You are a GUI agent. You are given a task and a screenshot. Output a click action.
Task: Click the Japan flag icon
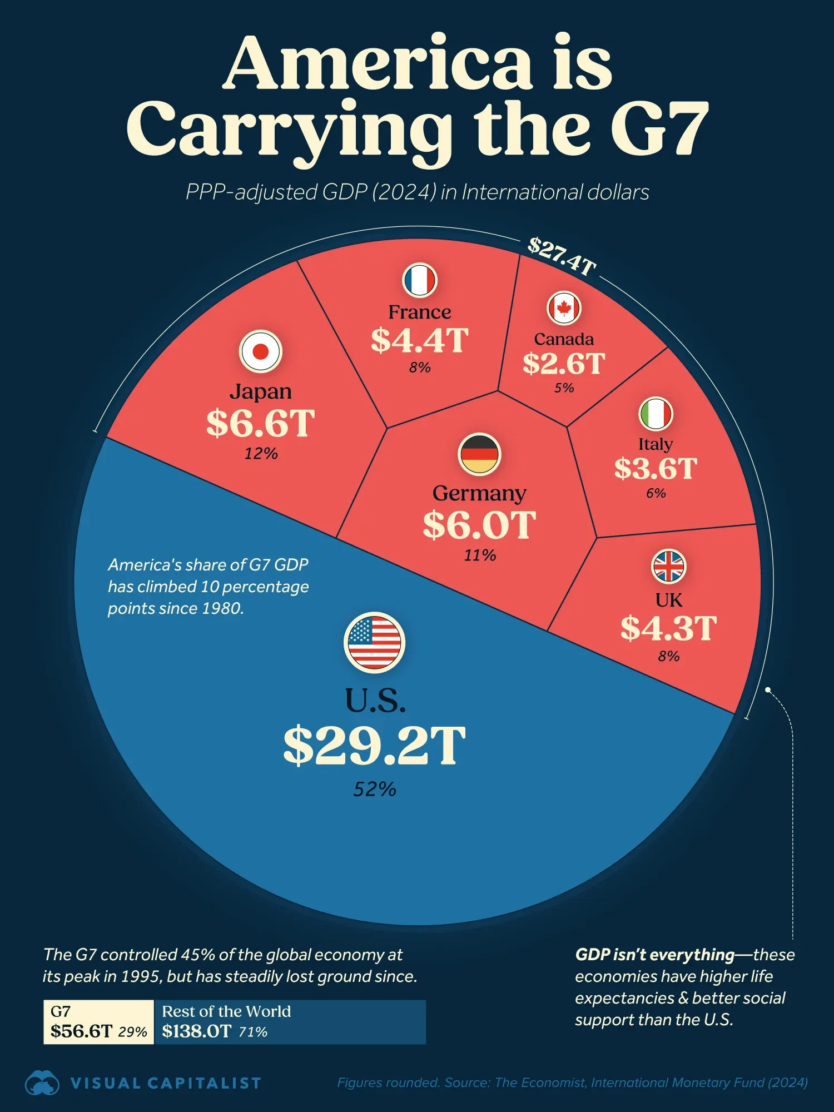[x=261, y=351]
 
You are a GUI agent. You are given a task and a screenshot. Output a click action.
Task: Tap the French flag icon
[x=420, y=280]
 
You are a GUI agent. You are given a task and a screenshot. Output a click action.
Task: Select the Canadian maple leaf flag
[x=564, y=308]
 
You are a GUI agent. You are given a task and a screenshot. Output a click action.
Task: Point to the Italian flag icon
[x=656, y=414]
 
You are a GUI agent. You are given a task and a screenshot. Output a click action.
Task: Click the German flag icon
[x=479, y=454]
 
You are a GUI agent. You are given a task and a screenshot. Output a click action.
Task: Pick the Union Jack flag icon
[x=668, y=567]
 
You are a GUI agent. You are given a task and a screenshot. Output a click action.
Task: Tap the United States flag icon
[x=374, y=643]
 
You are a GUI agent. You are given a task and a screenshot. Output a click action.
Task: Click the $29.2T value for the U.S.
[x=374, y=745]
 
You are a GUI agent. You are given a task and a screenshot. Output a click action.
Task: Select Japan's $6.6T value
[x=261, y=423]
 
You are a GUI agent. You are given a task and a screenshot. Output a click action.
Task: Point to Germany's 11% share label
[x=480, y=555]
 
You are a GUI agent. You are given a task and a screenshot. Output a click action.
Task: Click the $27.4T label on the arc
[x=562, y=256]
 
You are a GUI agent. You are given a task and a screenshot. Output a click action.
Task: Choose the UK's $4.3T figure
[x=668, y=628]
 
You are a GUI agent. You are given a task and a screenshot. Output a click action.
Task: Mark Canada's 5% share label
[x=564, y=388]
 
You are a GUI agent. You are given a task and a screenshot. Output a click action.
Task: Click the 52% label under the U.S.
[x=374, y=789]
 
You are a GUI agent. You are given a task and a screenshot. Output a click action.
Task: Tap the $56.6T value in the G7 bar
[x=81, y=1031]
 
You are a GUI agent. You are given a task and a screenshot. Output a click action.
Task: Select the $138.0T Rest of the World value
[x=196, y=1031]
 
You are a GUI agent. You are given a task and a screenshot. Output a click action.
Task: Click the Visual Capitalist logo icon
[x=42, y=1083]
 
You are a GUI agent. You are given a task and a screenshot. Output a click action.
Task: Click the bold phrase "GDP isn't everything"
[x=654, y=955]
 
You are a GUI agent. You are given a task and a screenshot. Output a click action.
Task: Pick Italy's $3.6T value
[x=656, y=468]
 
